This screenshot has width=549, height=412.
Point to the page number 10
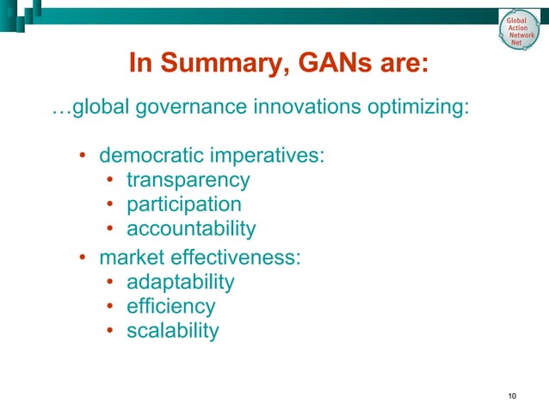[513, 396]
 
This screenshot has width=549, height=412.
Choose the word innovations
[315, 110]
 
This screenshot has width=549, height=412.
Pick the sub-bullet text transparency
[188, 181]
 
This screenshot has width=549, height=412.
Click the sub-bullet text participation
[183, 205]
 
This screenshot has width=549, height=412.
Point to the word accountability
[191, 229]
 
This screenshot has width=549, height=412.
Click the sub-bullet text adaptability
[180, 282]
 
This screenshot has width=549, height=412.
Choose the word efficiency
[170, 306]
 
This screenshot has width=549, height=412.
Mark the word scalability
[172, 330]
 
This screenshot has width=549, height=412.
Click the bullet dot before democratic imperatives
[83, 158]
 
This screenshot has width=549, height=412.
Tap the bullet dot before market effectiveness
[83, 258]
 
